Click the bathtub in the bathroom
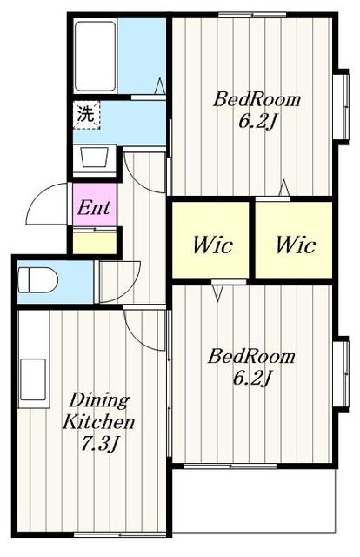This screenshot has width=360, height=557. (x=96, y=57)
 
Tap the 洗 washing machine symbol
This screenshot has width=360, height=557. (x=87, y=115)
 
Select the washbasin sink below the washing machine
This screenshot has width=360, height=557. (x=95, y=158)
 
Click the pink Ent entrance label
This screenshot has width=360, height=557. (x=94, y=208)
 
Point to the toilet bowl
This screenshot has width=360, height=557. (x=37, y=279)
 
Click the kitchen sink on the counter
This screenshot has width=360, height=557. (x=33, y=379)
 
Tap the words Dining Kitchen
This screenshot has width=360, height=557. (x=98, y=412)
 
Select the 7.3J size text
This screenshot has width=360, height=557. (x=99, y=443)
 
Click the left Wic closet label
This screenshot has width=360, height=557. (x=213, y=245)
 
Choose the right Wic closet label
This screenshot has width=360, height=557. (x=296, y=245)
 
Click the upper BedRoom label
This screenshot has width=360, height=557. (x=257, y=99)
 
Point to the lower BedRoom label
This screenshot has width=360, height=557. (x=251, y=356)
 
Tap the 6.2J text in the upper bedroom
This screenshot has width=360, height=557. (x=257, y=122)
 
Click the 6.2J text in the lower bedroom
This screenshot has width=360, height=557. (x=251, y=379)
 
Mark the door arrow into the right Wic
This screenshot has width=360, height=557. (x=284, y=188)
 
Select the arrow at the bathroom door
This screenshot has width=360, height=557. (x=160, y=86)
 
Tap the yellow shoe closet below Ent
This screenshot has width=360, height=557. (x=95, y=243)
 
